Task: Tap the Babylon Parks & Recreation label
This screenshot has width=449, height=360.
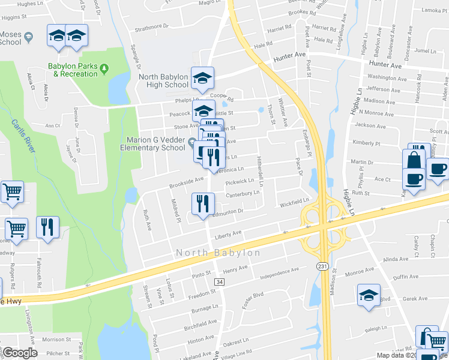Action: [x=75, y=70]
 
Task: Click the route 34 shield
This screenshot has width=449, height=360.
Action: [x=220, y=281]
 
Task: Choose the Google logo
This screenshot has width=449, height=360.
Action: [x=20, y=352]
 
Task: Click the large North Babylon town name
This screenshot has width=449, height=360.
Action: [x=218, y=253]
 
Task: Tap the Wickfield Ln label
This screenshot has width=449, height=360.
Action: [x=294, y=203]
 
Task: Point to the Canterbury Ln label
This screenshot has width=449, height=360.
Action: [x=243, y=194]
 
